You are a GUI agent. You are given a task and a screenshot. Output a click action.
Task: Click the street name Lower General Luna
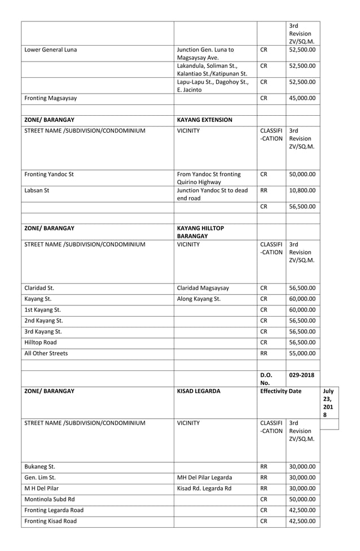pyautogui.click(x=51, y=50)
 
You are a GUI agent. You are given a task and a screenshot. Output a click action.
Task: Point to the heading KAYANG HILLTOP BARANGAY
pyautogui.click(x=200, y=232)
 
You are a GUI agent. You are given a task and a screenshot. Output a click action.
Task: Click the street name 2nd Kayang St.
pyautogui.click(x=43, y=321)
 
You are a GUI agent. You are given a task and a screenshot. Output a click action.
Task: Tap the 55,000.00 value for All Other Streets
pyautogui.click(x=302, y=353)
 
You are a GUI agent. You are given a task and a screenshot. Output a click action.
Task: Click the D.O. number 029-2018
pyautogui.click(x=302, y=375)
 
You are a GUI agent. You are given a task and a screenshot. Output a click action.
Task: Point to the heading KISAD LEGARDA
pyautogui.click(x=199, y=391)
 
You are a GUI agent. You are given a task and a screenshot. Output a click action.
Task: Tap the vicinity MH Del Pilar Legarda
pyautogui.click(x=204, y=478)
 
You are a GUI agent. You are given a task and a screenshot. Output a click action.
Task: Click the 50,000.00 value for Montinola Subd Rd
pyautogui.click(x=302, y=499)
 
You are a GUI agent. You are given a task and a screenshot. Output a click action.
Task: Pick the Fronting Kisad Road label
pyautogui.click(x=51, y=521)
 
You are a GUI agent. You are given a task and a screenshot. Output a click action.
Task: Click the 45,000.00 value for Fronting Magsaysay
pyautogui.click(x=302, y=98)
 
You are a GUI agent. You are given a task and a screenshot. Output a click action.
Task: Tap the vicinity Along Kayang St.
pyautogui.click(x=199, y=299)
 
